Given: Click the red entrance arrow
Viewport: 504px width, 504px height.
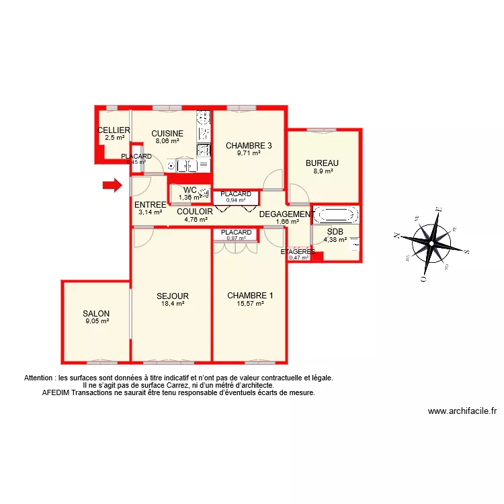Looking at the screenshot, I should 112,185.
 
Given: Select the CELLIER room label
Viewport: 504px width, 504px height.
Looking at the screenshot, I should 114,130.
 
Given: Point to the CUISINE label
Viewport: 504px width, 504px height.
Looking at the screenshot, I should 167,133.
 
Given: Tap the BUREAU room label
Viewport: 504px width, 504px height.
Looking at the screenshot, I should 322,163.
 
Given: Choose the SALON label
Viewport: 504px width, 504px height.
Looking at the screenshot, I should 96,314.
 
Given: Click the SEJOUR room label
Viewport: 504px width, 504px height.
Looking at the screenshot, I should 173,296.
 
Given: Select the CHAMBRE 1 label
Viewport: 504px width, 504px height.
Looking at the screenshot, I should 250,296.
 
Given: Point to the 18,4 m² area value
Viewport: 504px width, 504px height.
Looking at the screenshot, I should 173,304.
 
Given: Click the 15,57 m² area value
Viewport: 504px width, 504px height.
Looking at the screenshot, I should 250,304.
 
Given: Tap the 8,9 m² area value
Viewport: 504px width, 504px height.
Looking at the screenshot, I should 322,171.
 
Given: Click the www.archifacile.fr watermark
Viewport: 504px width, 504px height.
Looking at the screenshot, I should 462,412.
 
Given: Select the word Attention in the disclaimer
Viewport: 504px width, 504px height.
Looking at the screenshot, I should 40,378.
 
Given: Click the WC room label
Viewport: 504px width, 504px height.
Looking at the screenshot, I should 190,190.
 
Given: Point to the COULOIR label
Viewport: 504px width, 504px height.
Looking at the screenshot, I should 195,211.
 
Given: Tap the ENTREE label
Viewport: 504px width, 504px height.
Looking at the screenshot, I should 150,205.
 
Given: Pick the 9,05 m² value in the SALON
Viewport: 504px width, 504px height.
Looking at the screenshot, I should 97,322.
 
